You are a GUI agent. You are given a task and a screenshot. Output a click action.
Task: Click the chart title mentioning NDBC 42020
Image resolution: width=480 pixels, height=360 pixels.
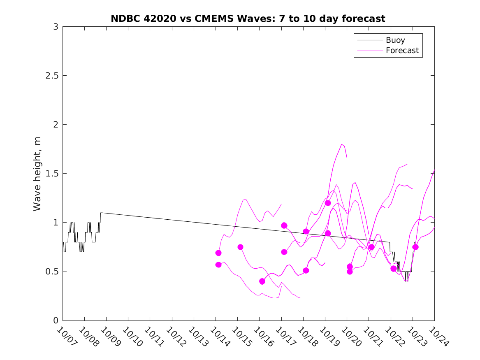pyautogui.click(x=248, y=19)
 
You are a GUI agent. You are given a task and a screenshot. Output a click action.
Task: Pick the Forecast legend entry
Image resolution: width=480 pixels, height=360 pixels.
pyautogui.click(x=402, y=51)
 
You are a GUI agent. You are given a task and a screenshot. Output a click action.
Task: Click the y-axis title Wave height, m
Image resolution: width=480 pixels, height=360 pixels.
pyautogui.click(x=37, y=174)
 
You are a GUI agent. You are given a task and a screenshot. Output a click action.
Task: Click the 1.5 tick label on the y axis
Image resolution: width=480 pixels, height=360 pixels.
pyautogui.click(x=52, y=174)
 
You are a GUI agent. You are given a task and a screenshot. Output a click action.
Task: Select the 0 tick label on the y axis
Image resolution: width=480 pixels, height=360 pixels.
pyautogui.click(x=56, y=321)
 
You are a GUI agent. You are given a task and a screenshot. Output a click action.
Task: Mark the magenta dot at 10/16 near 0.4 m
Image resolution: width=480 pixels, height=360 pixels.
pyautogui.click(x=262, y=281)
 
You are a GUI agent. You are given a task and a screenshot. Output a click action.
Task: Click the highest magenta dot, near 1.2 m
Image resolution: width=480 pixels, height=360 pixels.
pyautogui.click(x=328, y=203)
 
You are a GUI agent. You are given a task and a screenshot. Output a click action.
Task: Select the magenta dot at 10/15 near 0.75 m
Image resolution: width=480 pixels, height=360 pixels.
pyautogui.click(x=240, y=247)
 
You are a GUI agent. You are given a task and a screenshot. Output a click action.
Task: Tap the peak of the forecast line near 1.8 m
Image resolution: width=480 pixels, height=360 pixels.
pyautogui.click(x=342, y=144)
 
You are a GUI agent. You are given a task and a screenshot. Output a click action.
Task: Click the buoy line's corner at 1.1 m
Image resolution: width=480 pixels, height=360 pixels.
pyautogui.click(x=101, y=213)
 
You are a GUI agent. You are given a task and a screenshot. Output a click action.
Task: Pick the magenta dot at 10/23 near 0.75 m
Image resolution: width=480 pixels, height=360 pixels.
pyautogui.click(x=415, y=247)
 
